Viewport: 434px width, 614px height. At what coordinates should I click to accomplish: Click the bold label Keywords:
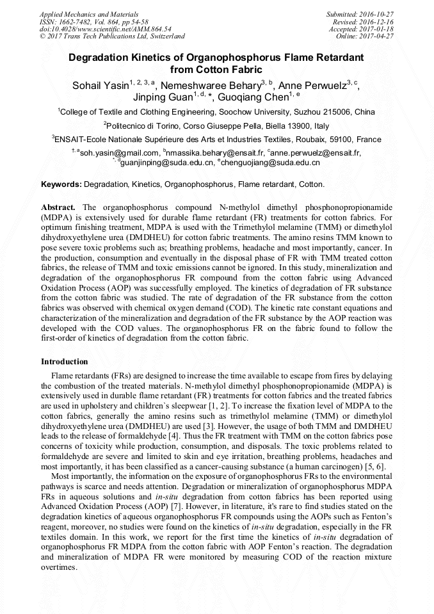tap(61, 184)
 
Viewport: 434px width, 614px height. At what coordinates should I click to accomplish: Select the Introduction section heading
tap(65, 362)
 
